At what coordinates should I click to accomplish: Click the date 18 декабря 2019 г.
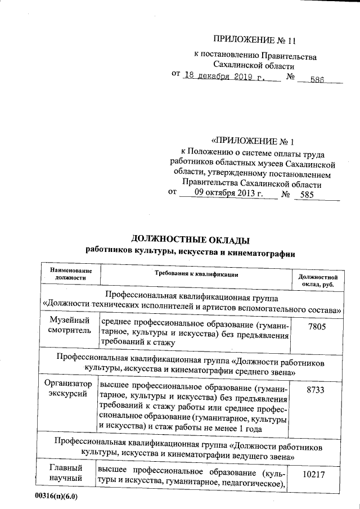coord(224,78)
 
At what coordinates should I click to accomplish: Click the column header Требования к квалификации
coord(193,273)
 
